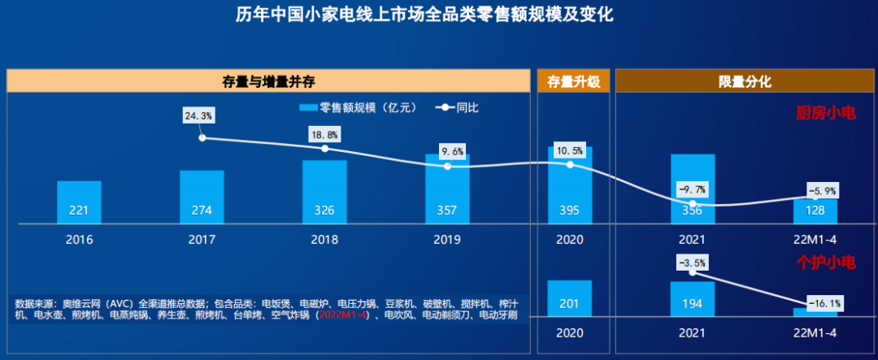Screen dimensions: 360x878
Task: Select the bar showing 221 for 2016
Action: [x=79, y=202]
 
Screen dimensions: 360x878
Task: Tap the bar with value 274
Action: [x=202, y=197]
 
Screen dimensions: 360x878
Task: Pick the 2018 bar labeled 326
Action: [x=324, y=192]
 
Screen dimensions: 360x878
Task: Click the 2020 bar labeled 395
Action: [x=570, y=185]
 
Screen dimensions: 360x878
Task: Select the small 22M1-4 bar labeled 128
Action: [x=815, y=210]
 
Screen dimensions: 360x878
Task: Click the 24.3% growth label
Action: [x=199, y=116]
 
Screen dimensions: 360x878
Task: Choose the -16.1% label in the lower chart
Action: [x=824, y=303]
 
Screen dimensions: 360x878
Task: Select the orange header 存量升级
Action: [x=573, y=81]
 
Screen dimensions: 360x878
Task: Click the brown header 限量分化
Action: [x=744, y=81]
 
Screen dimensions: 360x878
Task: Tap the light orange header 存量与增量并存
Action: [x=268, y=81]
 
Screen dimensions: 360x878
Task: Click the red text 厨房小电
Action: [x=825, y=114]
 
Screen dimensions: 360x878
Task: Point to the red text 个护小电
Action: [x=825, y=262]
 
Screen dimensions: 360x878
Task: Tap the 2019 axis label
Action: [x=447, y=240]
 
